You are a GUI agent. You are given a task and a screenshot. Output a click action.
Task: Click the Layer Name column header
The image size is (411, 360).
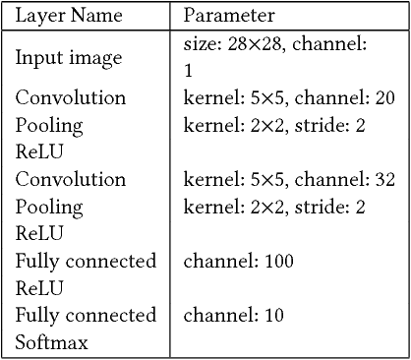pos(67,16)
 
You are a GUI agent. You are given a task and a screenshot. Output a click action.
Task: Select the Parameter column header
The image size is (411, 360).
pos(229,16)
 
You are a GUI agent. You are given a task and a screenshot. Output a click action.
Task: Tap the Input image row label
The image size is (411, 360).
pos(69,57)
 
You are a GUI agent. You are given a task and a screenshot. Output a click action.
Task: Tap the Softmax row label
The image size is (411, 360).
pos(51,342)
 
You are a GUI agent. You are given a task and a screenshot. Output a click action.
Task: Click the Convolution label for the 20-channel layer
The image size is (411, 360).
pos(71,98)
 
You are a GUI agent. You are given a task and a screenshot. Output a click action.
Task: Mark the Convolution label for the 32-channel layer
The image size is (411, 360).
pos(71,180)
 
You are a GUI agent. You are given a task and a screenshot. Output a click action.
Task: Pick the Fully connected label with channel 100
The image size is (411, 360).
pos(86,262)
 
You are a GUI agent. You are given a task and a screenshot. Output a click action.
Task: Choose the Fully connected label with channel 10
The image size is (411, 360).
pos(86,315)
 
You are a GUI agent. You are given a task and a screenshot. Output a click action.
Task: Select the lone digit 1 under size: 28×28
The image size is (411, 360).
pos(189,71)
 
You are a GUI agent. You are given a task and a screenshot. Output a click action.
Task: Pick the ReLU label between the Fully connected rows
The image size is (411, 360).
pos(38,288)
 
